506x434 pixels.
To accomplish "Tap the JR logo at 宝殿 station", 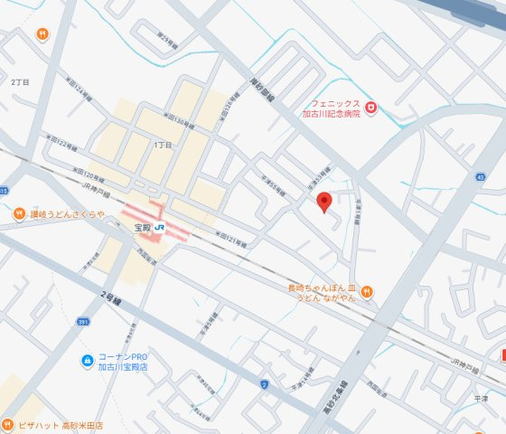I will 159,227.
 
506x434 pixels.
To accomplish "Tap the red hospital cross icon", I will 370,109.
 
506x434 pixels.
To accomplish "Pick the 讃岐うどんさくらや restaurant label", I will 67,214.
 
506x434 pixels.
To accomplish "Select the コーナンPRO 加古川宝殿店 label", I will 124,363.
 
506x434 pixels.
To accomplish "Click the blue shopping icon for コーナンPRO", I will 85,363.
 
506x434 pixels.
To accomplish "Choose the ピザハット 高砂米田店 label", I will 60,425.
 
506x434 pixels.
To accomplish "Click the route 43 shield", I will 480,177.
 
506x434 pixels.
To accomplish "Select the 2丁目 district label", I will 20,81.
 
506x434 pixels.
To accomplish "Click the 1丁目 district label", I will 163,145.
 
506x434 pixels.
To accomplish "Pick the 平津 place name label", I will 481,396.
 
